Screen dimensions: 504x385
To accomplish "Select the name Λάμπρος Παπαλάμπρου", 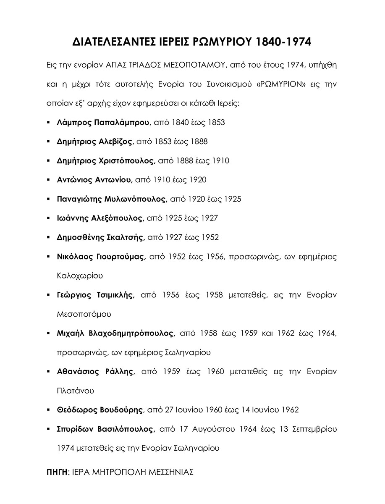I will coord(103,123).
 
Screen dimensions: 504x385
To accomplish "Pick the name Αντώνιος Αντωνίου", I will coord(94,180).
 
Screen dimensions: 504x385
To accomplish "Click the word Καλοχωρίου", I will coord(79,276).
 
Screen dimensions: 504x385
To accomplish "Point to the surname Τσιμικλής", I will coord(113,295).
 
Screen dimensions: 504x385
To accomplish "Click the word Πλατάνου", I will coord(75,391).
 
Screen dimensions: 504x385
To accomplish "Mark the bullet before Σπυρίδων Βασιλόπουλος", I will coord(49,429).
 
